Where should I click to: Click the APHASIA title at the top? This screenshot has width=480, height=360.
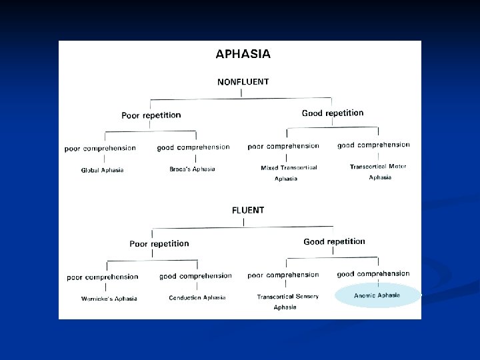243,54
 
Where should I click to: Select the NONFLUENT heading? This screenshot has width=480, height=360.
243,82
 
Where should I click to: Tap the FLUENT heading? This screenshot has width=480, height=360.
248,210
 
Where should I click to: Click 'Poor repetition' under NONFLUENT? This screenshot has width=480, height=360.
151,115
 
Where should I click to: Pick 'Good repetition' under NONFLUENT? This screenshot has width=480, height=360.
333,113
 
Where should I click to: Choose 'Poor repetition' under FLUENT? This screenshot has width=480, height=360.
159,244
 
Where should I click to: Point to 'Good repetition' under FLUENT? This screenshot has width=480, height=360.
334,241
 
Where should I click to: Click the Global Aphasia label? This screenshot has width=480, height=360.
102,171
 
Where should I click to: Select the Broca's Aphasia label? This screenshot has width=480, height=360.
192,169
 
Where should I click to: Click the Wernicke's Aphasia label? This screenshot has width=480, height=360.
109,299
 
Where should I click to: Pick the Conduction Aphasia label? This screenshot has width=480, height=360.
197,298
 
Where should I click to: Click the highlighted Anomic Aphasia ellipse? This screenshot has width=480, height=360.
377,295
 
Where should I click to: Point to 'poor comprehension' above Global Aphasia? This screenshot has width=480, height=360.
100,149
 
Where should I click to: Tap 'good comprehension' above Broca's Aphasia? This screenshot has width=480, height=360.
193,147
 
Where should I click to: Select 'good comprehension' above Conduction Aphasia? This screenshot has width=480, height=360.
195,276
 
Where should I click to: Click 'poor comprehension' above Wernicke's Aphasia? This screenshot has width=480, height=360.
102,277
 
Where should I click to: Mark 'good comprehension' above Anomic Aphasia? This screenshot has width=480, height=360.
373,274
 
